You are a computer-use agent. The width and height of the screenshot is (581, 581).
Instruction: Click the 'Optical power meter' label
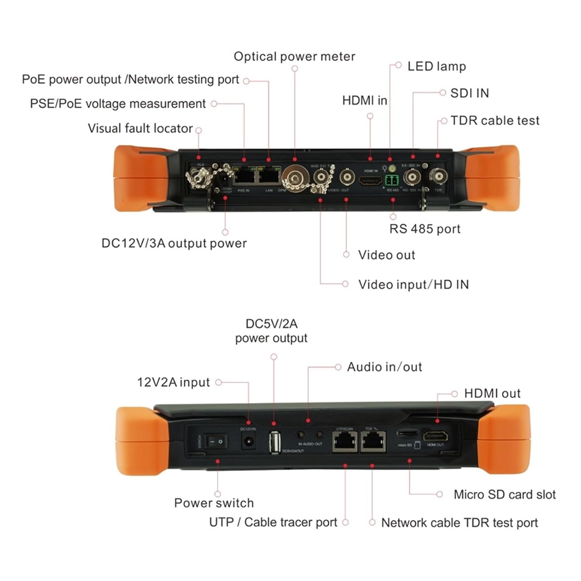(x=294, y=57)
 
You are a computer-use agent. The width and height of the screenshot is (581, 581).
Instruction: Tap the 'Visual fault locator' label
(x=140, y=128)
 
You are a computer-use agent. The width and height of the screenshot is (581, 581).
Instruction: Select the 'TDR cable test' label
(x=495, y=120)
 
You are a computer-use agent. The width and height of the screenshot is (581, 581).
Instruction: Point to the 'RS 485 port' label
(x=425, y=229)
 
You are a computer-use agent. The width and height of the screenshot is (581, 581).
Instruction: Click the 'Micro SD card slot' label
(x=504, y=495)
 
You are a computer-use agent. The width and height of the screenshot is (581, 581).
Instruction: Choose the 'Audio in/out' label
(x=384, y=367)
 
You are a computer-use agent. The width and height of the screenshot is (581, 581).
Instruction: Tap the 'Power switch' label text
(x=214, y=503)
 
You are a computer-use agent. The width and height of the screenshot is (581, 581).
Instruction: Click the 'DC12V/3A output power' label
(x=174, y=243)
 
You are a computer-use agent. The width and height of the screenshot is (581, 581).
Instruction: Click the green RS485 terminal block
(x=392, y=180)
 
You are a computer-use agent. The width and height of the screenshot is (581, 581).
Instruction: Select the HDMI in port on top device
(x=370, y=180)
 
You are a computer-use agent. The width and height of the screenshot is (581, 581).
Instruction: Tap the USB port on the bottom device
(x=274, y=442)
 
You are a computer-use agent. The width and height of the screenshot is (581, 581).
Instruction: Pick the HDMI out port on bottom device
(x=435, y=437)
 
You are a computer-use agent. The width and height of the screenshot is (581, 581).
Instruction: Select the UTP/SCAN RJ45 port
(x=344, y=441)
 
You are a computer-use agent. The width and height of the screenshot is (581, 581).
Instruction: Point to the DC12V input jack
(x=248, y=441)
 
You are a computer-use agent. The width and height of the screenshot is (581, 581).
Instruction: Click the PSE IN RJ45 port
(x=244, y=177)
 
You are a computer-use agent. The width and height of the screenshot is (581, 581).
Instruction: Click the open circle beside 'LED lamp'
(x=398, y=65)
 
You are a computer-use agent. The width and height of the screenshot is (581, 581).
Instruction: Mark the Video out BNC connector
(x=347, y=177)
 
